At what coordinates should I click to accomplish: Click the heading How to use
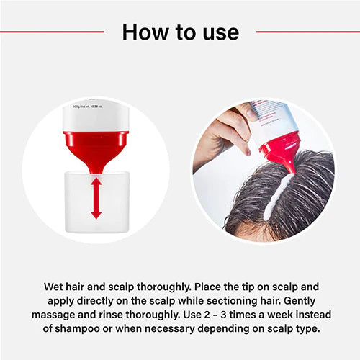click(x=180, y=32)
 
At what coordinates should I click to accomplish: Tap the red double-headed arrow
click(x=96, y=198)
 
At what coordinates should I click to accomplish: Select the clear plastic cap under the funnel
click(x=96, y=209)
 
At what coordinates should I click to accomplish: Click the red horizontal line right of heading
click(x=308, y=32)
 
